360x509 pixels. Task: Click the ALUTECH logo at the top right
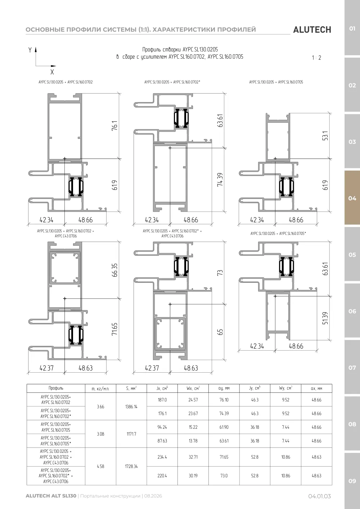[x=312, y=30]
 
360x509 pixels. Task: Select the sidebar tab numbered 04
[x=352, y=198]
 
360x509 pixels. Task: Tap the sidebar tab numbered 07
[x=352, y=367]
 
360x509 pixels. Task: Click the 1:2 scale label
[x=316, y=58]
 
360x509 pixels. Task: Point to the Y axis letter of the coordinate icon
[x=30, y=50]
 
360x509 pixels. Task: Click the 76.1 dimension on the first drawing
[x=115, y=126]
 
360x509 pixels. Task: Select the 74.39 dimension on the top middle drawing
[x=220, y=180]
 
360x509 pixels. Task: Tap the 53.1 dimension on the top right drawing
[x=325, y=136]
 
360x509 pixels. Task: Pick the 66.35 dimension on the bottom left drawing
[x=114, y=270]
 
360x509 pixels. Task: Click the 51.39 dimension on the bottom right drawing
[x=325, y=318]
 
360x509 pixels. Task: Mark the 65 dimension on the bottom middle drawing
[x=220, y=332]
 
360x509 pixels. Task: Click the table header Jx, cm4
[x=162, y=388]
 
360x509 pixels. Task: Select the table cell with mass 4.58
[x=100, y=466]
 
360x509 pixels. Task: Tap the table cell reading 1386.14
[x=131, y=407]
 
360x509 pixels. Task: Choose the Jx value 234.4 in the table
[x=162, y=457]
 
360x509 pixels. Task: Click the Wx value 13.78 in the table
[x=193, y=441]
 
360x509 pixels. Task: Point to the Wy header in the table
[x=285, y=388]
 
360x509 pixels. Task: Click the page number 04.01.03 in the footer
[x=320, y=496]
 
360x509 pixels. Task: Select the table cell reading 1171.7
[x=131, y=434]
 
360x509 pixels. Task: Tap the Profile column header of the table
[x=56, y=388]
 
